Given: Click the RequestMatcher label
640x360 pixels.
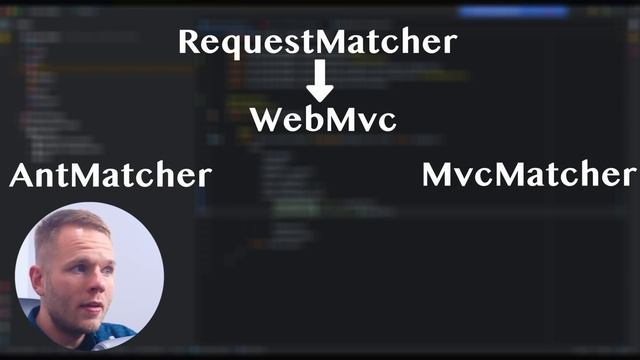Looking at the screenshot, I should pos(317,42).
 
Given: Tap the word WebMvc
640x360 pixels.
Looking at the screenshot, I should pos(323,119).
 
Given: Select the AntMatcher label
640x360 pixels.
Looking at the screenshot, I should pos(110,176).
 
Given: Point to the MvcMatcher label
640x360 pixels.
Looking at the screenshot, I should pos(528,175).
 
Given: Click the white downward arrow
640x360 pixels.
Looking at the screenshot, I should pos(320,79).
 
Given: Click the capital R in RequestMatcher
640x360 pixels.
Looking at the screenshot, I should pos(190,42).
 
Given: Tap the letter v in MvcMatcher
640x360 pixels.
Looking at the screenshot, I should pos(470,177).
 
